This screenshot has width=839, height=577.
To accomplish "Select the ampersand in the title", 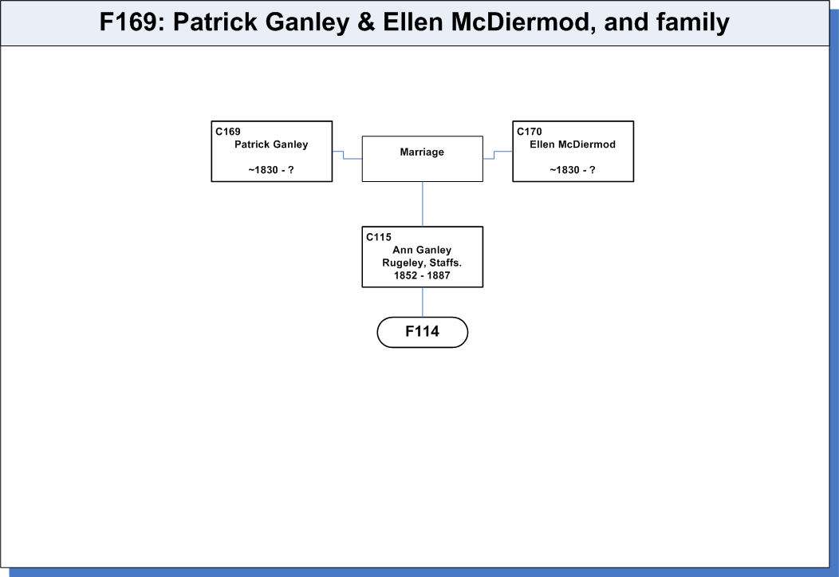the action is [366, 22].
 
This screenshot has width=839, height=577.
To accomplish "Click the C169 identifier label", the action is [228, 132].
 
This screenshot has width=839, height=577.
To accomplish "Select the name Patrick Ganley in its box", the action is [271, 144].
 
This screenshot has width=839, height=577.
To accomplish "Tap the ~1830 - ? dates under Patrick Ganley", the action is [271, 170].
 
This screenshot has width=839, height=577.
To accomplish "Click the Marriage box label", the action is [422, 152].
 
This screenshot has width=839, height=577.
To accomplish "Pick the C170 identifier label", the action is [530, 132].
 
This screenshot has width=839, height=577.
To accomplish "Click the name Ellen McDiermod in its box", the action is [573, 144].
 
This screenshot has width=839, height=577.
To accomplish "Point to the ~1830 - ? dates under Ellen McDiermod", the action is [573, 170].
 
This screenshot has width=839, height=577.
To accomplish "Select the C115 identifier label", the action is [379, 237].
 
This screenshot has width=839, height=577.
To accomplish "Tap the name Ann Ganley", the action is [422, 250].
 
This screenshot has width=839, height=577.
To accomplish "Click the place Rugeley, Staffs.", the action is [422, 263].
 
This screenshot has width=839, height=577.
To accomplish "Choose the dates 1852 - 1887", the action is [422, 275].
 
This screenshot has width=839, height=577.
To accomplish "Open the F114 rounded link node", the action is [423, 332].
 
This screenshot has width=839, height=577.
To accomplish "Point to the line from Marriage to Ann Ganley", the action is [423, 204].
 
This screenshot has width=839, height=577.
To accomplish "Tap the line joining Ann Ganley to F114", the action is [423, 302].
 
